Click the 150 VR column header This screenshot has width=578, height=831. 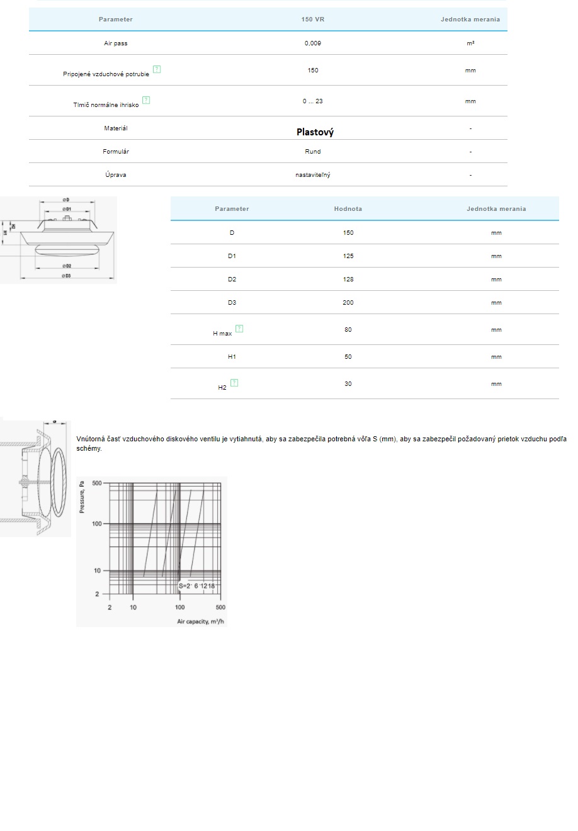313,20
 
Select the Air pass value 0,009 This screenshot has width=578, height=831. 313,43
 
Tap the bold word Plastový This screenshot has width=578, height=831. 315,132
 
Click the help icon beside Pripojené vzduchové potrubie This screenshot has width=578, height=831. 157,69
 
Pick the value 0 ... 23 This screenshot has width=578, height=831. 313,101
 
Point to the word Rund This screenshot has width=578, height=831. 313,152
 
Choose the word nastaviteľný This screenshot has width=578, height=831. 313,175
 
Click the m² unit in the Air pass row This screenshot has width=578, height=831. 470,43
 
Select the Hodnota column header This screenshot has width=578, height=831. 348,209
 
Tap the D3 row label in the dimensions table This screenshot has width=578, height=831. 232,303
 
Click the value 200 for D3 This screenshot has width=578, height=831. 348,303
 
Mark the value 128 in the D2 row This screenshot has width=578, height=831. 348,280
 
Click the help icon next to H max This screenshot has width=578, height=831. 239,329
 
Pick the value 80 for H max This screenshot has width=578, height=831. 348,330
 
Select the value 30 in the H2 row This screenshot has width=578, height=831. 348,384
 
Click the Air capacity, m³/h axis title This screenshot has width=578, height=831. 201,622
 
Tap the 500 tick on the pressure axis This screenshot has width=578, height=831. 97,483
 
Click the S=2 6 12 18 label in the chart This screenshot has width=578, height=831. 196,586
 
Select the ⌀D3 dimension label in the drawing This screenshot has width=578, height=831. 67,276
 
